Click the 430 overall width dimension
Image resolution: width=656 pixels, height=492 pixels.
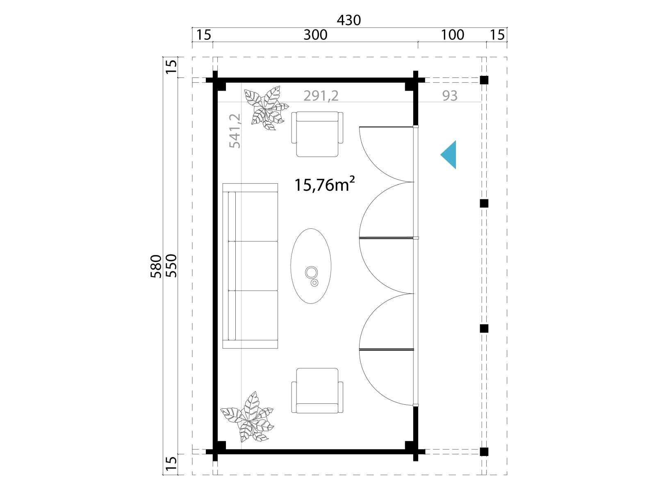[x=349, y=20]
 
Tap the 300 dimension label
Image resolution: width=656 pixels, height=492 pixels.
[x=315, y=35]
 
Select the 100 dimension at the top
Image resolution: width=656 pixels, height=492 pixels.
[x=453, y=35]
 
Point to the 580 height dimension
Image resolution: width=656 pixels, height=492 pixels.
[x=156, y=266]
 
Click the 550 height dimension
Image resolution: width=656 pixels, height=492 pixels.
[x=171, y=266]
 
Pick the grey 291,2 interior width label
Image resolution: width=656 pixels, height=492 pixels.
[x=321, y=96]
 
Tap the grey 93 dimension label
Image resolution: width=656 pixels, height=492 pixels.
[x=450, y=96]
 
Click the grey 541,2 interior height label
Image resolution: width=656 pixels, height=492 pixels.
[x=235, y=131]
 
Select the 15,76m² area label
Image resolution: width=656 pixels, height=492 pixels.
[x=325, y=184]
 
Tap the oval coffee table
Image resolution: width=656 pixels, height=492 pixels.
[x=311, y=266]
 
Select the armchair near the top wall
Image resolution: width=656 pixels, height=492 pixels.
[x=317, y=134]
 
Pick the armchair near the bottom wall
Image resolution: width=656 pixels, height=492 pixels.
[x=317, y=391]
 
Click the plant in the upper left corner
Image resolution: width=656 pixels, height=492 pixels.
[x=266, y=108]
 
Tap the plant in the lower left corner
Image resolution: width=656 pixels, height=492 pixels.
[x=247, y=417]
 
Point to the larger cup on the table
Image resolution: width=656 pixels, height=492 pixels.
[x=311, y=272]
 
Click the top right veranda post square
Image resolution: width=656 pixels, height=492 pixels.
[x=484, y=80]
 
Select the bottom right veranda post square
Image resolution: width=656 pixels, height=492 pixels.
[x=484, y=452]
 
